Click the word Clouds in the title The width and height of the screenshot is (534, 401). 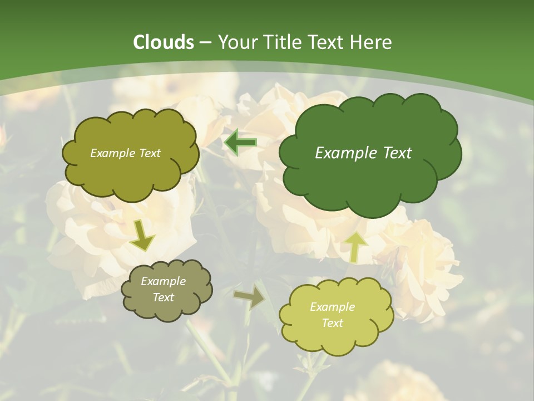[164, 42]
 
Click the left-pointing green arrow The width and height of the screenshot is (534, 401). [240, 143]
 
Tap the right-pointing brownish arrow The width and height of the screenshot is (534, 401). [250, 297]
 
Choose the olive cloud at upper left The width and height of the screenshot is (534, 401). [130, 167]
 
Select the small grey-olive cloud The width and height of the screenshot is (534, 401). [166, 290]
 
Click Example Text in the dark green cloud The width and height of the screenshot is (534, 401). [363, 153]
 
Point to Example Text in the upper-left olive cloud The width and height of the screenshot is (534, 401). [125, 153]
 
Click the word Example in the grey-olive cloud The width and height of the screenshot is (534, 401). [163, 281]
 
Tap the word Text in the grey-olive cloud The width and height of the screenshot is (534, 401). [163, 297]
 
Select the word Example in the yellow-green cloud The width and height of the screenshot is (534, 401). [332, 307]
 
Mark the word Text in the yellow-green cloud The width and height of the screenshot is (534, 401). [332, 323]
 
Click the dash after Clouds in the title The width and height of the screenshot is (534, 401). [205, 43]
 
